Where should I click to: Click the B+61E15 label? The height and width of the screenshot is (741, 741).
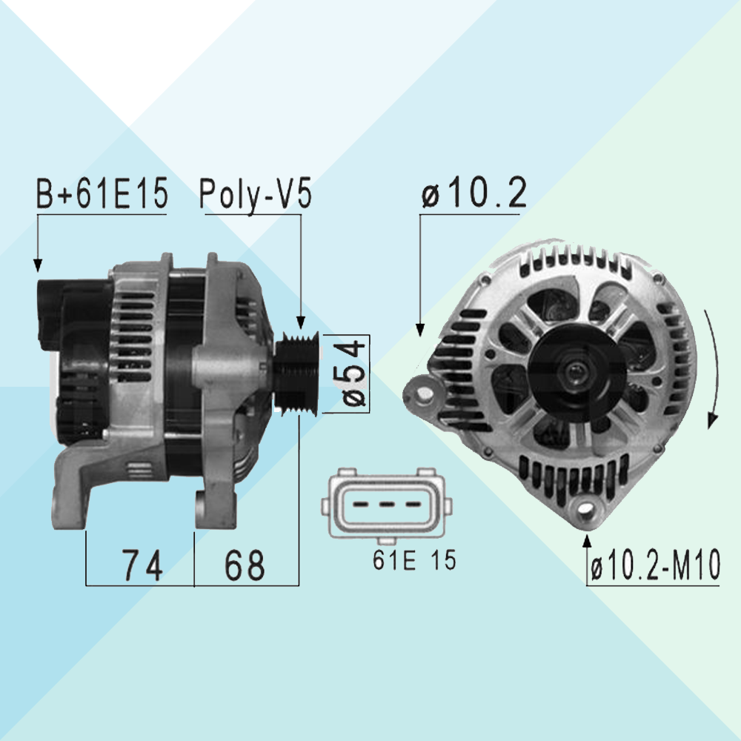click(x=102, y=193)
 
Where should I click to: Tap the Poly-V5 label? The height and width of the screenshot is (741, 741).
click(x=255, y=193)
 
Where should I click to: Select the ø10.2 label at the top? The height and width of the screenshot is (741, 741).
click(x=474, y=193)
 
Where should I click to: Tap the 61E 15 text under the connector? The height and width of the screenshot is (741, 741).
click(x=414, y=560)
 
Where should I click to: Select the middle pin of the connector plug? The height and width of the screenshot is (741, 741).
click(x=386, y=504)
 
